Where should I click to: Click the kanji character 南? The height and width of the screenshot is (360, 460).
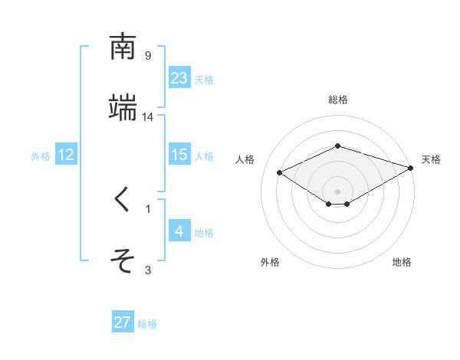click(123, 47)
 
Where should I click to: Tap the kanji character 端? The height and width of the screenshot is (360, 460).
click(123, 108)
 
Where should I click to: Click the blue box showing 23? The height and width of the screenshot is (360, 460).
click(179, 78)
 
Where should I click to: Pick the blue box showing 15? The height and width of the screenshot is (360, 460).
click(179, 155)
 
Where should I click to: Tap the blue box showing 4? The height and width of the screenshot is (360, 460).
click(179, 231)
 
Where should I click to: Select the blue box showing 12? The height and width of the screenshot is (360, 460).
click(66, 155)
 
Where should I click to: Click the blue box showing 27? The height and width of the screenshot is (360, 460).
click(123, 322)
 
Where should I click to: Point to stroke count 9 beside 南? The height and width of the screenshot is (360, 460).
click(148, 56)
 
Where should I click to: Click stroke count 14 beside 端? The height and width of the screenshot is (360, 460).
click(148, 117)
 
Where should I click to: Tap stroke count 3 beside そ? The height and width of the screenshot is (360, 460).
click(148, 270)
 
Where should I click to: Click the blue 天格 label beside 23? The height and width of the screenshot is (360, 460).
click(204, 80)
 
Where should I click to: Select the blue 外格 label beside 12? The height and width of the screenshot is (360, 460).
click(41, 156)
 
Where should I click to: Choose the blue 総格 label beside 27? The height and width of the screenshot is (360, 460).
click(147, 324)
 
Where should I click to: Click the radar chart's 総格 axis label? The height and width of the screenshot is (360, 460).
click(338, 100)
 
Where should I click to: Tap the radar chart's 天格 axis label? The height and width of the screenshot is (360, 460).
click(431, 159)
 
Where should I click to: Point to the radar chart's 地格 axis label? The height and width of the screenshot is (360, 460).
click(402, 263)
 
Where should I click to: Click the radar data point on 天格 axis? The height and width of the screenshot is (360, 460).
click(411, 168)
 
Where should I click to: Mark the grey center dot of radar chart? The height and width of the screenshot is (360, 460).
click(338, 191)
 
